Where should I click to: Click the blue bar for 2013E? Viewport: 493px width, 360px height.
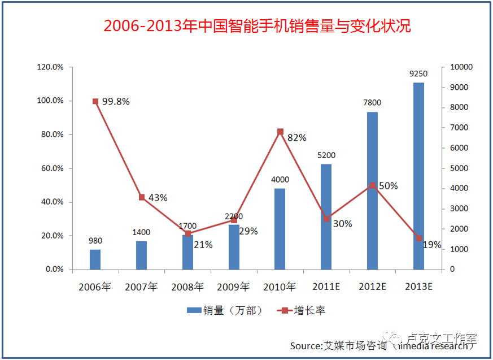click(x=418, y=176)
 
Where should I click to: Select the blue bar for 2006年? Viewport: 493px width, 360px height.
click(x=95, y=259)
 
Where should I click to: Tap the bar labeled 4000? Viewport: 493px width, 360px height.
click(x=280, y=228)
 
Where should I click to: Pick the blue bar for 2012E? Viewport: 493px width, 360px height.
click(x=372, y=190)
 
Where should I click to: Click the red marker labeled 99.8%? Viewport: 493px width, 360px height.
click(x=95, y=101)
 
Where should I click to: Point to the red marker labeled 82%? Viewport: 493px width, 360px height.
click(x=280, y=132)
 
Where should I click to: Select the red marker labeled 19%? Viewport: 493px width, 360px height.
click(x=419, y=238)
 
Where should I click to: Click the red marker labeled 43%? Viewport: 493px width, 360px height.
click(x=142, y=197)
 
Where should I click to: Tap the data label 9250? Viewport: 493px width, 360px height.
click(x=418, y=73)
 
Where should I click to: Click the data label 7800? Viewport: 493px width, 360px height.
click(x=372, y=103)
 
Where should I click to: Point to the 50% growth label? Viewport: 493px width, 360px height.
click(x=389, y=185)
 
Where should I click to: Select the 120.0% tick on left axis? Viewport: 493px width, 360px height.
click(x=50, y=67)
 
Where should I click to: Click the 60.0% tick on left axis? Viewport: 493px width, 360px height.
click(x=50, y=168)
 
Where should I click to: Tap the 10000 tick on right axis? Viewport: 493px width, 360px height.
click(x=461, y=67)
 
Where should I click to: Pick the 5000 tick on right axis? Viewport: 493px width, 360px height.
click(x=459, y=168)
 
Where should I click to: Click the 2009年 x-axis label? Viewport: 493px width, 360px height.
click(x=233, y=287)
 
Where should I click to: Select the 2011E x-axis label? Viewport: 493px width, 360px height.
click(x=326, y=287)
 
